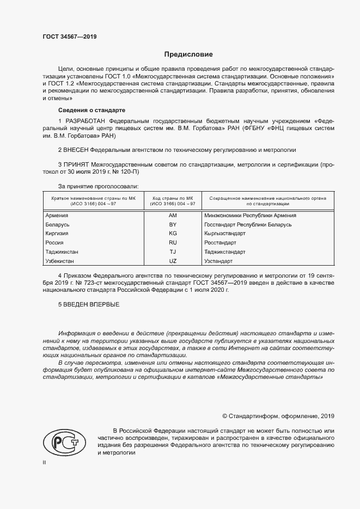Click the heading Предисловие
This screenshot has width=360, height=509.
click(x=189, y=54)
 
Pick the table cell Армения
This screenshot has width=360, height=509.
click(x=58, y=216)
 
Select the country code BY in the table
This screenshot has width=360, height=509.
click(x=173, y=224)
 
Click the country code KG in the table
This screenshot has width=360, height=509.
click(x=173, y=234)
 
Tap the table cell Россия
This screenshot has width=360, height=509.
click(x=55, y=243)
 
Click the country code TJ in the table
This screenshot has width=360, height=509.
click(x=173, y=252)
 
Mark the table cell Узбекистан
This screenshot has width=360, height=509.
click(x=61, y=261)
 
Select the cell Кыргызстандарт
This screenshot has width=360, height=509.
click(x=225, y=234)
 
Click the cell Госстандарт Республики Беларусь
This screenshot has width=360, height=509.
click(x=248, y=224)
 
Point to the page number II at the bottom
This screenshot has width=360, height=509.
click(x=45, y=462)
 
